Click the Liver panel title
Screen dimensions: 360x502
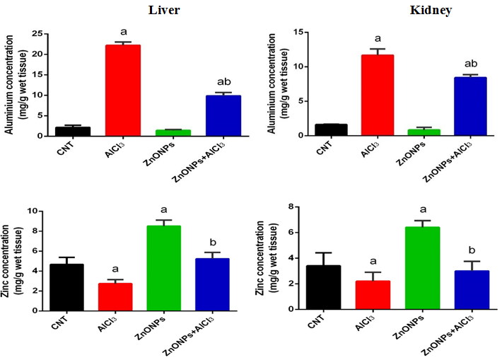coord(162,11)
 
